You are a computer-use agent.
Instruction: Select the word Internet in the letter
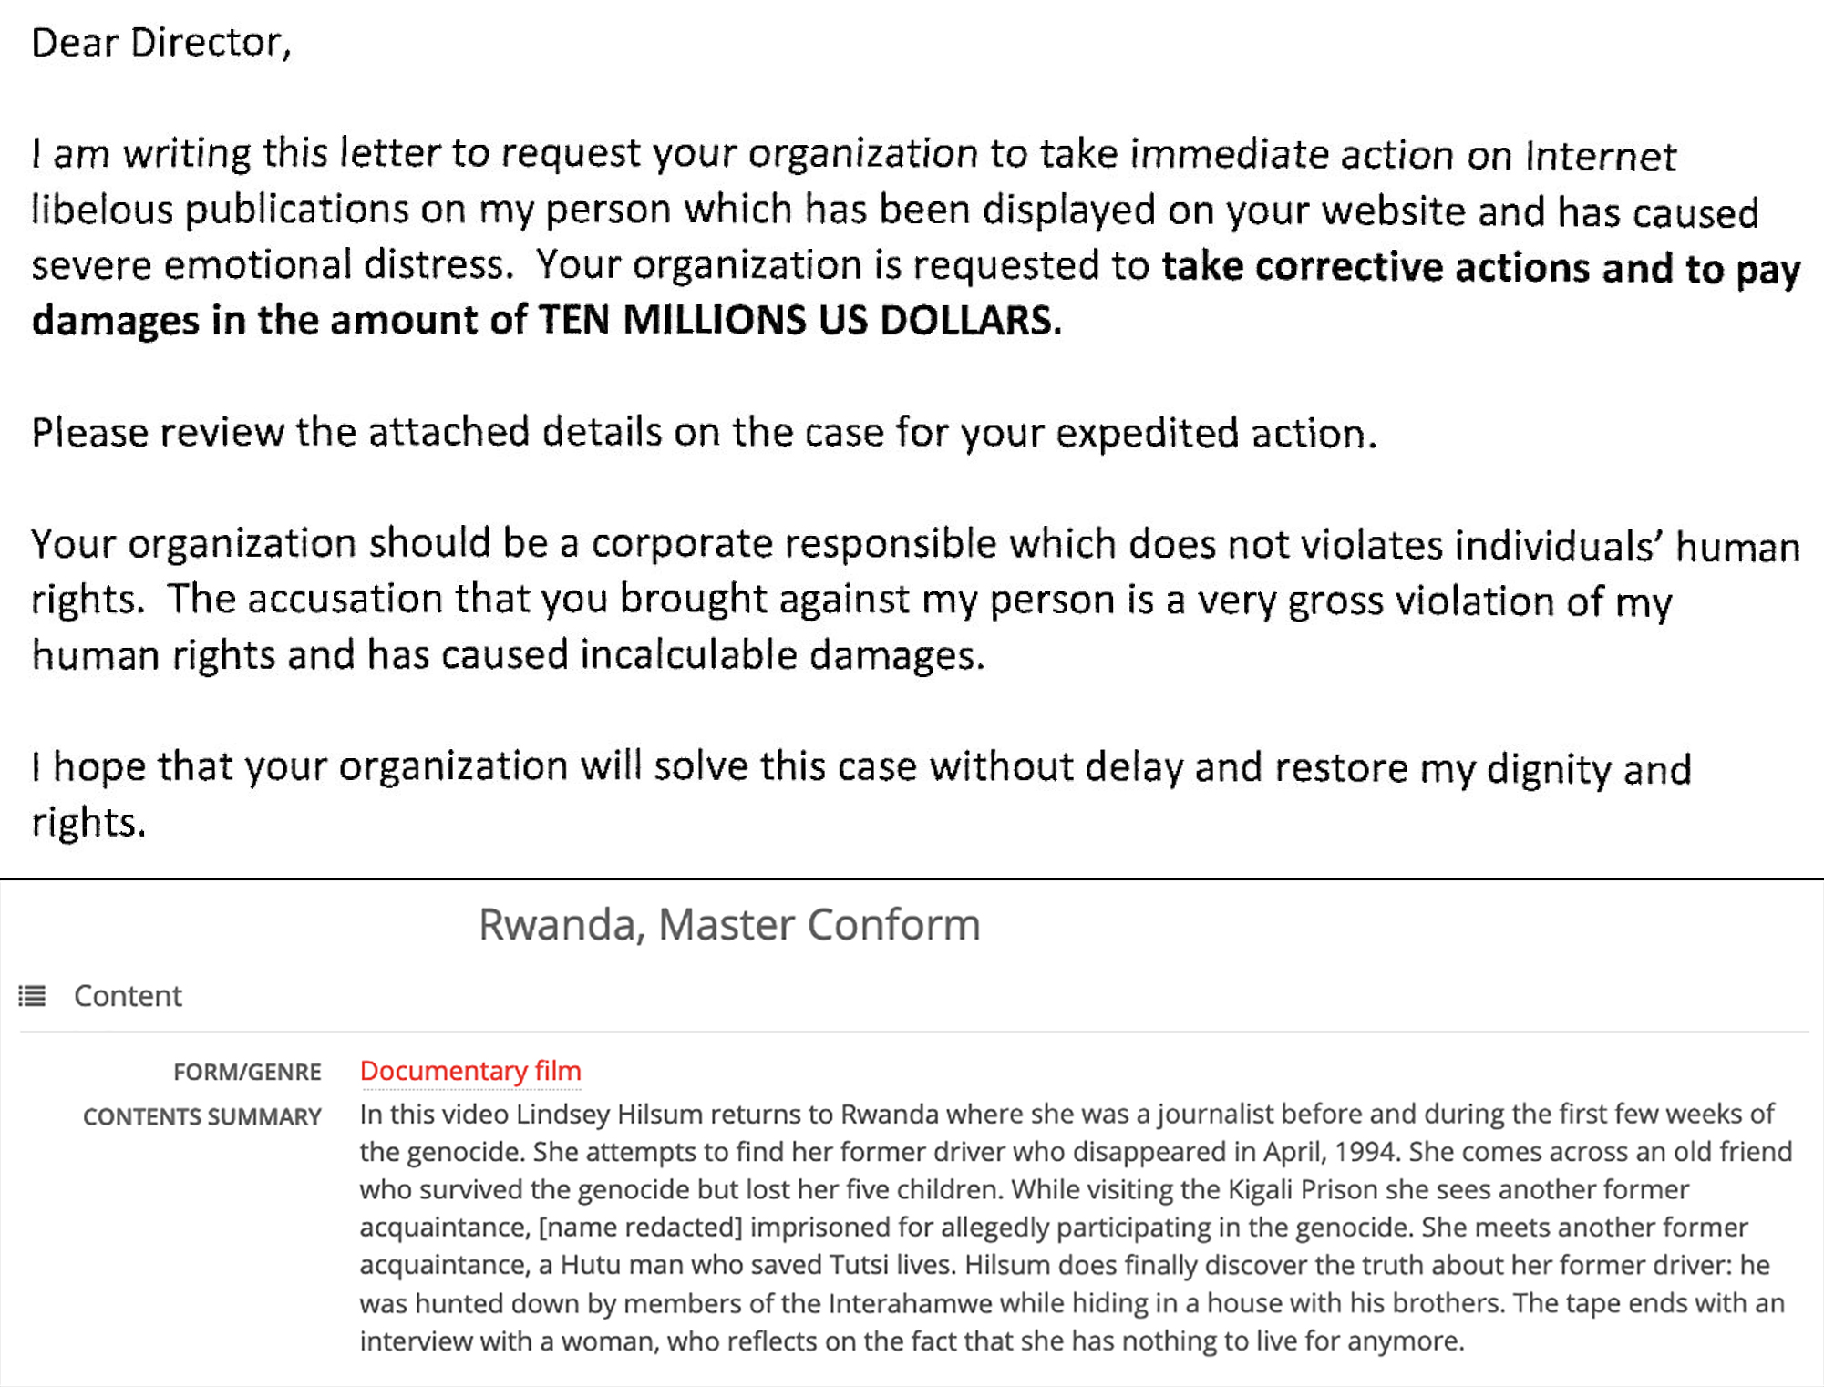(1600, 156)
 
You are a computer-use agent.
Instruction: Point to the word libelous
(101, 210)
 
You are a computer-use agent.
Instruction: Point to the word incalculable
(688, 655)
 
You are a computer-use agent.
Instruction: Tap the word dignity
(1549, 768)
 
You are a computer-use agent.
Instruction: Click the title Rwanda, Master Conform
(729, 924)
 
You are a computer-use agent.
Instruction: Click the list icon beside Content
(33, 996)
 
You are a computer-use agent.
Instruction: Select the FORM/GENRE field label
(247, 1072)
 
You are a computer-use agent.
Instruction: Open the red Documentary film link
(470, 1071)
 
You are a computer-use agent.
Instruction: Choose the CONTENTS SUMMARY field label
(201, 1116)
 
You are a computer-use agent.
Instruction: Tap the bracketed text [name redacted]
(640, 1228)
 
